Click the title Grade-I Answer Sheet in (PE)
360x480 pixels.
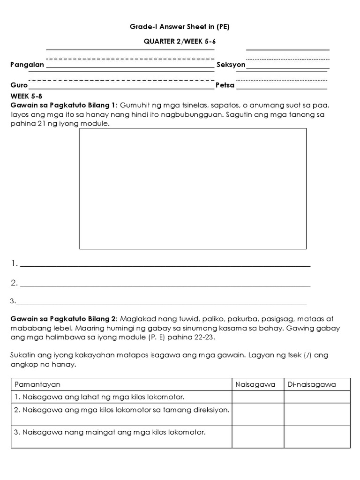[x=180, y=27]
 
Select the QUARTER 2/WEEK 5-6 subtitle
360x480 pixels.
[x=180, y=41]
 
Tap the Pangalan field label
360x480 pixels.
[x=27, y=65]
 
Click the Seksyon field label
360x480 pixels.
[x=231, y=65]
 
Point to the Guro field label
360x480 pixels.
[x=19, y=86]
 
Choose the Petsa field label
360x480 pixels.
[x=225, y=86]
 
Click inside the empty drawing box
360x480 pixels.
[x=193, y=188]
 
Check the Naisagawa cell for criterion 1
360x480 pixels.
[x=258, y=397]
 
